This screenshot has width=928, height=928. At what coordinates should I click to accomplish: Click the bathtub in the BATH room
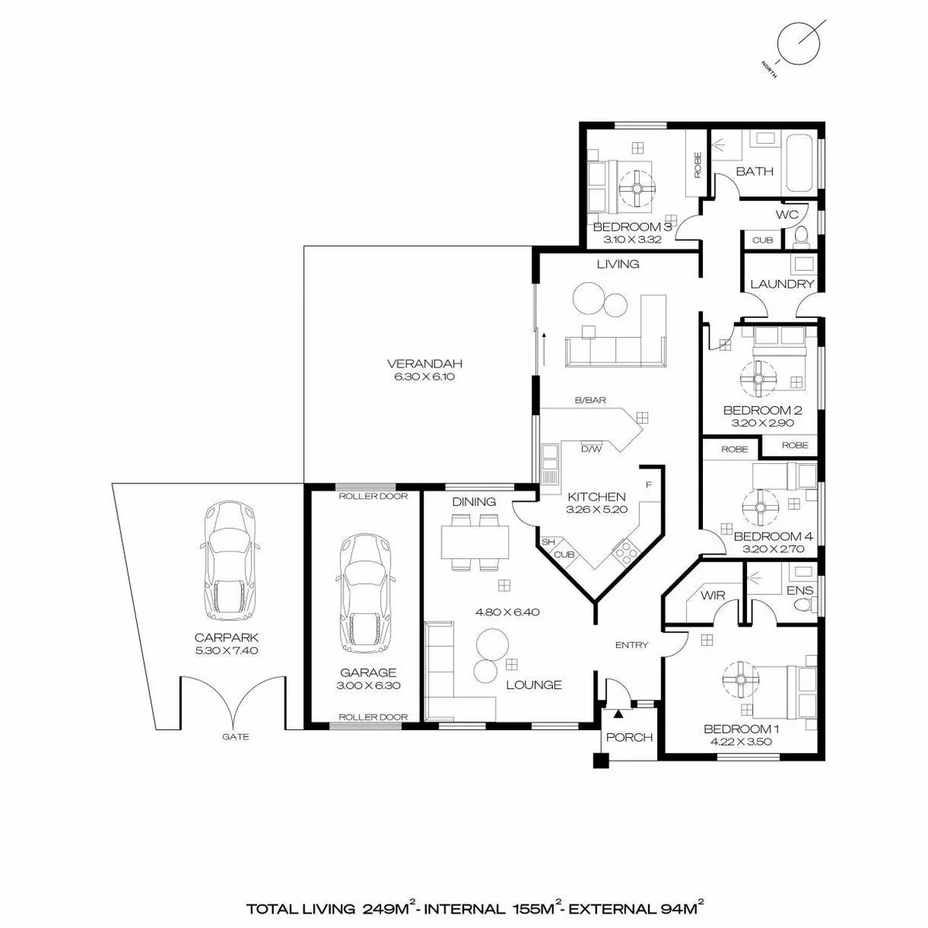800,164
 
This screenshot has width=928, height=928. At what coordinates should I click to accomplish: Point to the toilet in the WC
801,237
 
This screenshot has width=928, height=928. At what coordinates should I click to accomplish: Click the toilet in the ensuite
805,605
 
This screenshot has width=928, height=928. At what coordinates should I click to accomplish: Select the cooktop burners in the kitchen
625,554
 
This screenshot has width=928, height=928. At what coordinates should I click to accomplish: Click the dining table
475,542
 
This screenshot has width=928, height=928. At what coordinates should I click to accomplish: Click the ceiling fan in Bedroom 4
760,507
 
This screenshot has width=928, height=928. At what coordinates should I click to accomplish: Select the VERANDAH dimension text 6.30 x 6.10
425,377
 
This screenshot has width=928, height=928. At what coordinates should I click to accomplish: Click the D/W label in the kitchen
592,449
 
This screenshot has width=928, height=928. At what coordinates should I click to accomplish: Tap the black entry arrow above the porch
619,715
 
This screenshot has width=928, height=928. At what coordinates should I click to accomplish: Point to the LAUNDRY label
782,284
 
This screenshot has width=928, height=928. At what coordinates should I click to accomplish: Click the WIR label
713,595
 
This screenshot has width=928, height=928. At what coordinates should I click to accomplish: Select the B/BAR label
590,400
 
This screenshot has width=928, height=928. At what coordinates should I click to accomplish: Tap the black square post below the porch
601,760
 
